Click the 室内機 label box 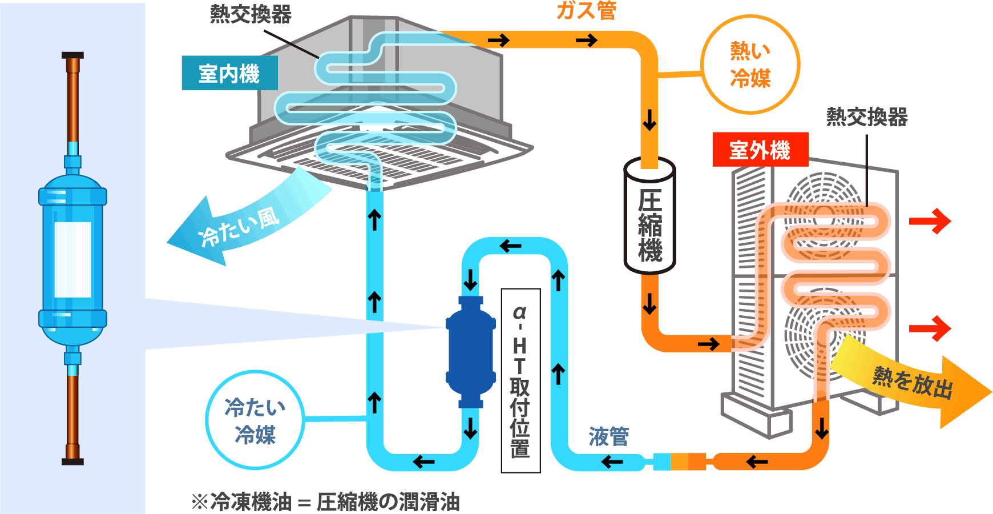[229, 73]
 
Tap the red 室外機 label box [760, 150]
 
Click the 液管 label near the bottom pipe [608, 437]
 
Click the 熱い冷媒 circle [750, 65]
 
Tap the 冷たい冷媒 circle [255, 420]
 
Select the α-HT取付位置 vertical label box [520, 380]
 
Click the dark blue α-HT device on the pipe [470, 352]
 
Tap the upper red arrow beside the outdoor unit [930, 221]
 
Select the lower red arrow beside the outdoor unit [930, 328]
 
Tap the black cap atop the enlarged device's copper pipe [72, 56]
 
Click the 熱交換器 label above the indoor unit [251, 14]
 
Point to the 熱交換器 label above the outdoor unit [866, 117]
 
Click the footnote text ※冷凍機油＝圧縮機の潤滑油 [326, 502]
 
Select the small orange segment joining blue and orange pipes [679, 461]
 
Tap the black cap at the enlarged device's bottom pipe [72, 461]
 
